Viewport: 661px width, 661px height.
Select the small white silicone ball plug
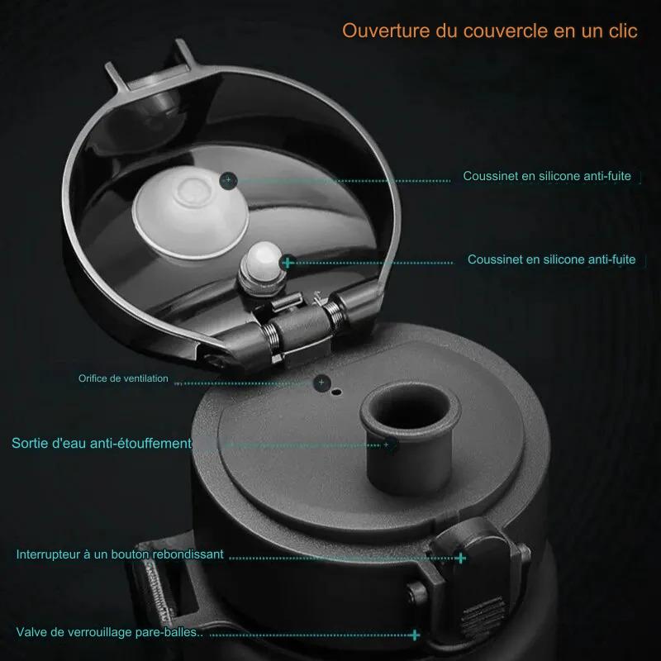click(x=264, y=257)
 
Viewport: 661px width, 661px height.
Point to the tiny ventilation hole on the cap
click(x=336, y=392)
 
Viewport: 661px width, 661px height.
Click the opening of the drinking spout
click(x=410, y=408)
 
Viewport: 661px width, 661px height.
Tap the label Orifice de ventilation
click(x=123, y=378)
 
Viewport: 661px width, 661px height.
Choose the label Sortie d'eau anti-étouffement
click(x=102, y=443)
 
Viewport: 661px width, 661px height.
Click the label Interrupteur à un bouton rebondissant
click(x=120, y=554)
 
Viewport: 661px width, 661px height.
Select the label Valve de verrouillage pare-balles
click(x=109, y=632)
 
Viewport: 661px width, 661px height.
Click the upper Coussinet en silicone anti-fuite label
click(x=547, y=176)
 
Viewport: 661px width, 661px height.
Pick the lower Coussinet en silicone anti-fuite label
click(x=551, y=259)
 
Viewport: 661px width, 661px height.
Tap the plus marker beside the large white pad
click(x=229, y=180)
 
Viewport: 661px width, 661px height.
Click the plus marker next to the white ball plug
click(x=288, y=263)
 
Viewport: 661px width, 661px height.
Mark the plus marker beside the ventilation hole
click(x=321, y=383)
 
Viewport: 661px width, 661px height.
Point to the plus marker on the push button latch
click(x=460, y=559)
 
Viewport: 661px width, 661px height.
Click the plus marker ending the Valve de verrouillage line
click(x=416, y=635)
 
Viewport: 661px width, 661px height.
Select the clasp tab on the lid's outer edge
click(x=152, y=72)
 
